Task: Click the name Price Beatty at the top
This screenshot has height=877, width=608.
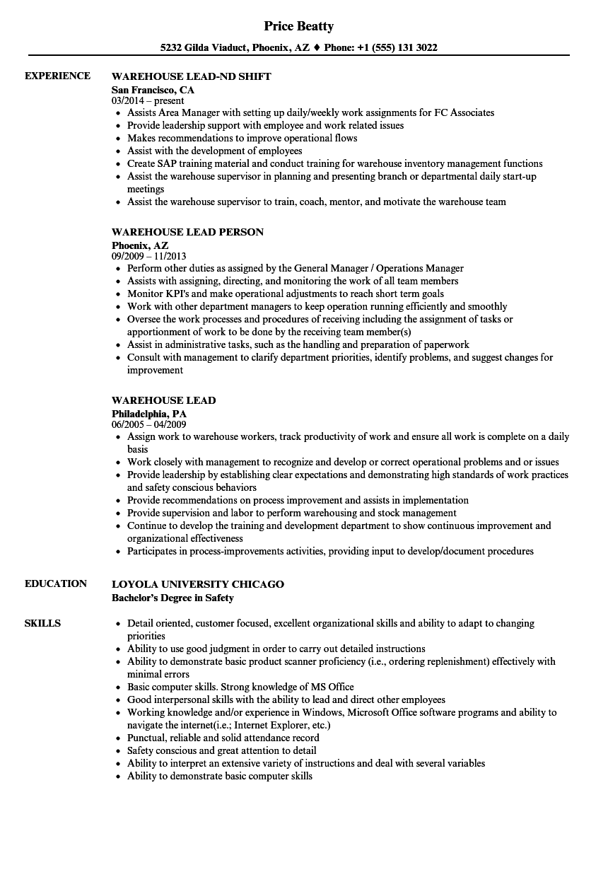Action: pyautogui.click(x=298, y=26)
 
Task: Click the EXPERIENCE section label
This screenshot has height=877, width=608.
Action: pyautogui.click(x=57, y=76)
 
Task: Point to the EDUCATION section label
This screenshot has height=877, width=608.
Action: pyautogui.click(x=56, y=583)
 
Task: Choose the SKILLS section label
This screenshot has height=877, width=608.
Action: pyautogui.click(x=42, y=623)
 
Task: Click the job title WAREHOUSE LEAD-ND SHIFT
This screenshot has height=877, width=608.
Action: pyautogui.click(x=191, y=76)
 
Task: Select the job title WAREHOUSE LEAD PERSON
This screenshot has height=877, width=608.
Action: pyautogui.click(x=187, y=232)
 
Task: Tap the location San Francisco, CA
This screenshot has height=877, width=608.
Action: pyautogui.click(x=153, y=90)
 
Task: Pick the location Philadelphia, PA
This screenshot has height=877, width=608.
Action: pyautogui.click(x=149, y=413)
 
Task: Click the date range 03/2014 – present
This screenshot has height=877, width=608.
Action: pyautogui.click(x=148, y=100)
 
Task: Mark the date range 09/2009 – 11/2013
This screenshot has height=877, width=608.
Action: pyautogui.click(x=148, y=256)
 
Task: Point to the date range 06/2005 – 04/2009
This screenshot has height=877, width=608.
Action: pyautogui.click(x=148, y=424)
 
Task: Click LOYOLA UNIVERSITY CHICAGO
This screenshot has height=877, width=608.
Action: pyautogui.click(x=198, y=584)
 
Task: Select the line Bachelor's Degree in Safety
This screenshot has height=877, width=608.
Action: pyautogui.click(x=173, y=598)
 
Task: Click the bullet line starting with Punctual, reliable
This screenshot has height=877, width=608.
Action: pyautogui.click(x=223, y=738)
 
